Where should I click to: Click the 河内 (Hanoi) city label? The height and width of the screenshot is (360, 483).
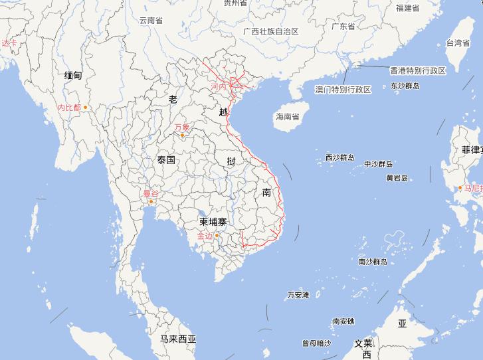pyautogui.click(x=219, y=87)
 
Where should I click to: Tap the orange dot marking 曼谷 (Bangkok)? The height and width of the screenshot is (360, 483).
pyautogui.click(x=152, y=201)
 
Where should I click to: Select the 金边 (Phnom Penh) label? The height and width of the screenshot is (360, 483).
pyautogui.click(x=205, y=235)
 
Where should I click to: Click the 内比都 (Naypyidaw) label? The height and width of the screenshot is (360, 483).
pyautogui.click(x=69, y=107)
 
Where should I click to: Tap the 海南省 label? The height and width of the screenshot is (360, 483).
pyautogui.click(x=288, y=117)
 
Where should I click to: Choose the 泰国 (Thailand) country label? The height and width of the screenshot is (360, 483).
pyautogui.click(x=166, y=160)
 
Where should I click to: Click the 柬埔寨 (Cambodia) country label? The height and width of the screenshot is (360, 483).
pyautogui.click(x=215, y=221)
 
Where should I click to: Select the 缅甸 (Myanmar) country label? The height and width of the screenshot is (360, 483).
pyautogui.click(x=73, y=76)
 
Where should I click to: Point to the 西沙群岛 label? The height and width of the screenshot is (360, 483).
pyautogui.click(x=339, y=158)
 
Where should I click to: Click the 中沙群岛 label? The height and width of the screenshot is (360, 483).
pyautogui.click(x=379, y=164)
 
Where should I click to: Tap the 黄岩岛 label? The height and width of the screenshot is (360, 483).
pyautogui.click(x=397, y=178)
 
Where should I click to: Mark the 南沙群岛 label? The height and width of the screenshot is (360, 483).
pyautogui.click(x=373, y=262)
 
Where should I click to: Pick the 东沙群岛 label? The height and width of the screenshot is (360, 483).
pyautogui.click(x=405, y=86)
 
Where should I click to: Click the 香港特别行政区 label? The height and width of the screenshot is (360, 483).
pyautogui.click(x=417, y=70)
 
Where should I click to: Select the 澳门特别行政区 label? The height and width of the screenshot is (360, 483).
pyautogui.click(x=343, y=90)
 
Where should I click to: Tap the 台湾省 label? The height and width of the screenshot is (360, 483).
pyautogui.click(x=458, y=43)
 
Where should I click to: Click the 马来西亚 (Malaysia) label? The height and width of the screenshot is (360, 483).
pyautogui.click(x=178, y=339)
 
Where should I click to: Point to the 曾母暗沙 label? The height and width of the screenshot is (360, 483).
pyautogui.click(x=316, y=343)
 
